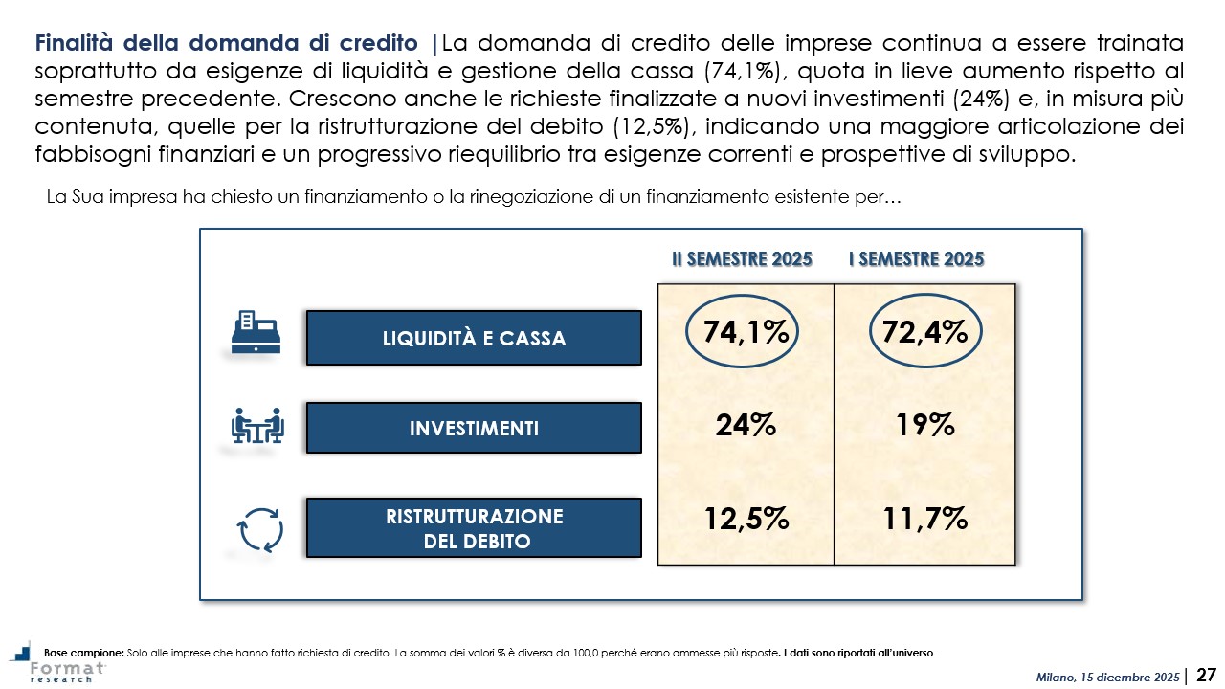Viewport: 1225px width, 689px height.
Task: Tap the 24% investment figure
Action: tap(746, 426)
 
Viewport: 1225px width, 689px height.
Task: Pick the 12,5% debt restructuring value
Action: tap(746, 519)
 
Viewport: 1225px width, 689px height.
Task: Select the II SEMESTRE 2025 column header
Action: tap(741, 259)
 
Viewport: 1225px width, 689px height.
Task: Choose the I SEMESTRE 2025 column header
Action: tap(917, 259)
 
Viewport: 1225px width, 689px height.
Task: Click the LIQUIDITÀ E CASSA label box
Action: tap(474, 338)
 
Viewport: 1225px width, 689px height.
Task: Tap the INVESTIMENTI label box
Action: tap(474, 428)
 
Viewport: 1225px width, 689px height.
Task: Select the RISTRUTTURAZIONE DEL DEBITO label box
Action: tap(474, 528)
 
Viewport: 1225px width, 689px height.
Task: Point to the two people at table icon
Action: tap(258, 426)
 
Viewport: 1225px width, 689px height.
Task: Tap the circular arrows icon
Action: tap(259, 528)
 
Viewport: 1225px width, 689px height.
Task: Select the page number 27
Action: tap(1207, 676)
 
